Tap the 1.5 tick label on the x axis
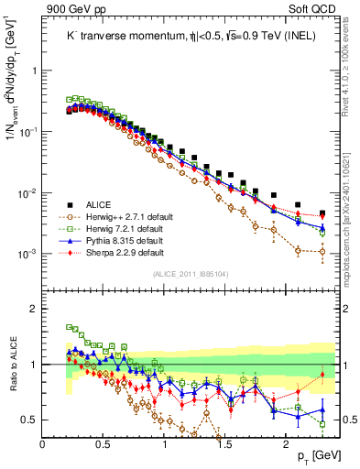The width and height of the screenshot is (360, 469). pyautogui.click(x=225, y=444)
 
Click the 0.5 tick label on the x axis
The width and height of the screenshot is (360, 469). pyautogui.click(x=104, y=444)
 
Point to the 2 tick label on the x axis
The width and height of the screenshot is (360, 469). pyautogui.click(x=286, y=444)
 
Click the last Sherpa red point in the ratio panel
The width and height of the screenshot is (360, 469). pyautogui.click(x=322, y=375)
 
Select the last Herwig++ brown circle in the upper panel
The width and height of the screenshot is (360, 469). pyautogui.click(x=322, y=251)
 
